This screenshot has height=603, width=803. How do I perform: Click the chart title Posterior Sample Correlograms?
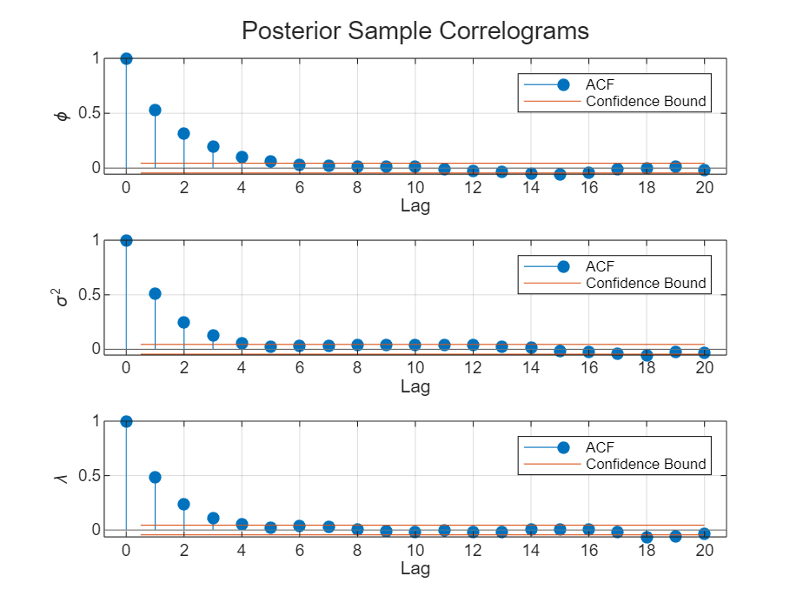[415, 30]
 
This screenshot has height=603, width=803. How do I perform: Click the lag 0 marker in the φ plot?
[126, 58]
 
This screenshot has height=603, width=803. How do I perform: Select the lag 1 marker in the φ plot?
[155, 110]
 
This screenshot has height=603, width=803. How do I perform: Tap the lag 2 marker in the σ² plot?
[183, 322]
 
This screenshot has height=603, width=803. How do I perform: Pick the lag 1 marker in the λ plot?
[155, 477]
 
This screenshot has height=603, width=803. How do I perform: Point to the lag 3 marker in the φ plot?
[213, 146]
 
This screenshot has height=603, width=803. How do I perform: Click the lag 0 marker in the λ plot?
[126, 421]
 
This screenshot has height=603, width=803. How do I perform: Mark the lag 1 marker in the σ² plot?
[155, 293]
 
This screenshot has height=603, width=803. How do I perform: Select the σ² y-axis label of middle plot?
[60, 297]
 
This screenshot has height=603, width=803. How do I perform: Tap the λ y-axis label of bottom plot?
[61, 478]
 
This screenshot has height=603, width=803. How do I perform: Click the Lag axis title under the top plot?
[415, 206]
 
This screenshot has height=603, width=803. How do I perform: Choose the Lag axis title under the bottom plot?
[415, 569]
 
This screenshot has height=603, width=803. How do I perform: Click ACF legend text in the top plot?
[600, 84]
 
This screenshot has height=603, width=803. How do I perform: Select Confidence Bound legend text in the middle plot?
[646, 283]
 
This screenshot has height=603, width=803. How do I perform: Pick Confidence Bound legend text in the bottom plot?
[646, 464]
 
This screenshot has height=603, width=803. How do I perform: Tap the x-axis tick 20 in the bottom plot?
[704, 549]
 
